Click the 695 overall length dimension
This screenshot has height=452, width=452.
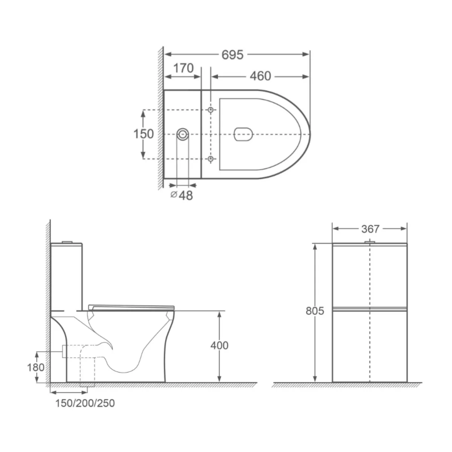(x=232, y=55)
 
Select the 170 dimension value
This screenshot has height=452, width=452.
(x=183, y=69)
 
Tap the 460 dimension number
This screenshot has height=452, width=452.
(x=260, y=76)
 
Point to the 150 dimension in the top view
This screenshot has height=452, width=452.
(x=144, y=134)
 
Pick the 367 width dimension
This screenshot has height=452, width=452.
(x=370, y=229)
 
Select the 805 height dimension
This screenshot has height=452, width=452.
(x=315, y=311)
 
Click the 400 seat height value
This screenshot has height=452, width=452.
(x=219, y=345)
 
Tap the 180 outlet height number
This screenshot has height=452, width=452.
(x=36, y=367)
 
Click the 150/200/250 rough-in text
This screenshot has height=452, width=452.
(x=85, y=403)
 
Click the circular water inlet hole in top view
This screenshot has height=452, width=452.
(x=183, y=134)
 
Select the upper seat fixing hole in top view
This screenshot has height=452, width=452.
(x=211, y=110)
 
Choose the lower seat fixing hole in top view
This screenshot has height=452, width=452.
(x=211, y=159)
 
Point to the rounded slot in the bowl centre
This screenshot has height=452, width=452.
(x=243, y=134)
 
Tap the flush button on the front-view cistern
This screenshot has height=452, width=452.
(x=370, y=241)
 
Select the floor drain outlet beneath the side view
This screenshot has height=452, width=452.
(x=87, y=385)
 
